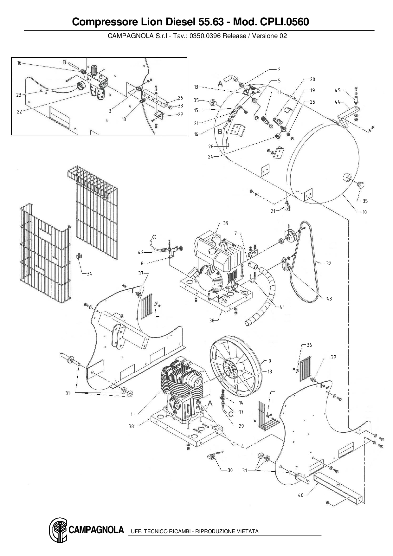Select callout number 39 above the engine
click(225, 223)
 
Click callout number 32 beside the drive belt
click(329, 263)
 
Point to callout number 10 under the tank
click(365, 212)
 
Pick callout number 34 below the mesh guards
click(89, 274)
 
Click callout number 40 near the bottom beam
click(300, 495)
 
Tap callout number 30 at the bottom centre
click(230, 470)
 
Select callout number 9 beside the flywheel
click(269, 361)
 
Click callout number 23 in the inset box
click(19, 94)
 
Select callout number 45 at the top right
click(338, 91)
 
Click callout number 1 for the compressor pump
click(132, 414)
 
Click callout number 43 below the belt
click(329, 299)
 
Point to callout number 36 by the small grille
click(309, 345)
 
